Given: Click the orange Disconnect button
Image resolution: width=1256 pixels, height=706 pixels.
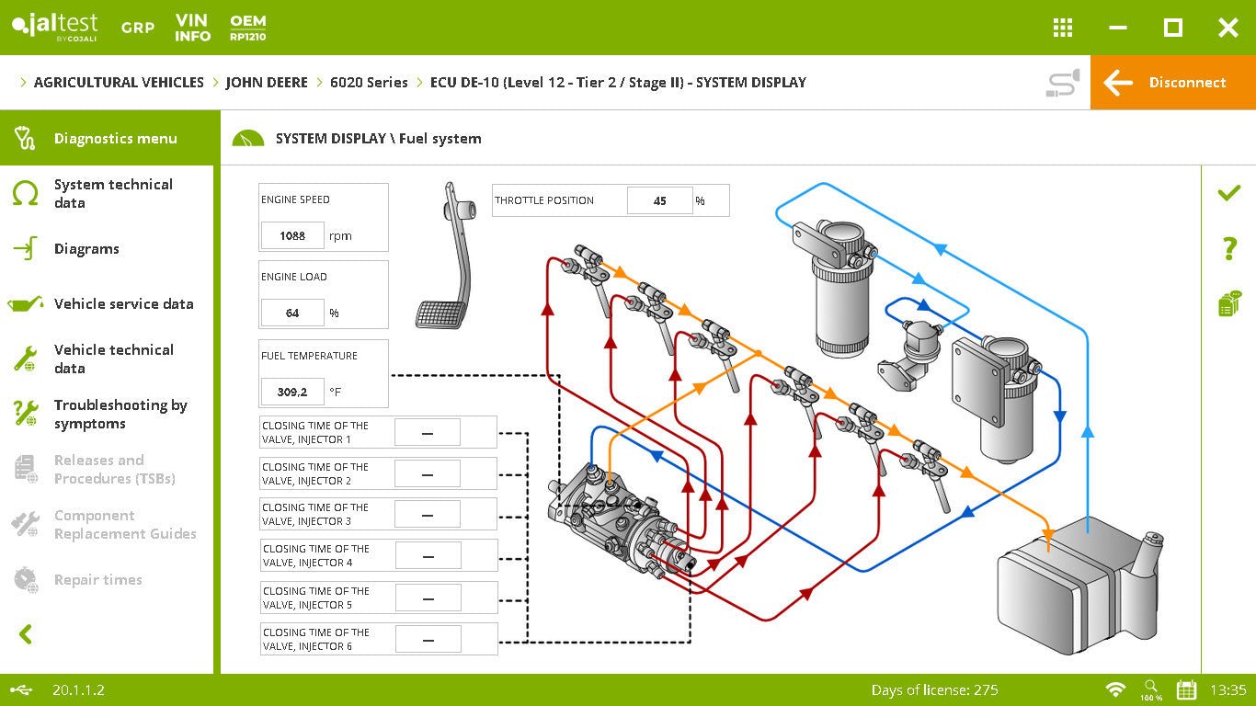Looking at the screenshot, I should click(1172, 83).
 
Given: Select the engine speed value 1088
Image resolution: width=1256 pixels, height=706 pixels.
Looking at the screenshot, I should click(292, 236).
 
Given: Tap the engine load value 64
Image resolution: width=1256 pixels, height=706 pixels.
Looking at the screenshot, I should click(292, 313).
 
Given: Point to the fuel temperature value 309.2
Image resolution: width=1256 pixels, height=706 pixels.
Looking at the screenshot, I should click(292, 393).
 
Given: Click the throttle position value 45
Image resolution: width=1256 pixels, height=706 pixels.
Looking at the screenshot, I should click(659, 200).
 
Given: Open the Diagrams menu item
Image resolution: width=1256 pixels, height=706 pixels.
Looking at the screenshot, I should click(86, 249).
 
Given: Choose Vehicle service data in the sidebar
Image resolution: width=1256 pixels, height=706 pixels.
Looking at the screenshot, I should click(123, 304).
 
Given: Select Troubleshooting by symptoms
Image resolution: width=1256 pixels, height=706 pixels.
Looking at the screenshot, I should click(120, 415).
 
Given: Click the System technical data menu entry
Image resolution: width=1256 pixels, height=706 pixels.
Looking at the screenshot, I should click(113, 194).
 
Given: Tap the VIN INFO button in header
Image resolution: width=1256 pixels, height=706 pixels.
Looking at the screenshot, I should click(192, 28).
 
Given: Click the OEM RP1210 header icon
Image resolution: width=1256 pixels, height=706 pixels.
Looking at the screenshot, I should click(248, 28).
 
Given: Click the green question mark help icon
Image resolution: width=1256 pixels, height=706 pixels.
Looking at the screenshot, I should click(1229, 248).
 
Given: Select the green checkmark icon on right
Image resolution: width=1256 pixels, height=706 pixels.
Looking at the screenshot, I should click(1228, 193).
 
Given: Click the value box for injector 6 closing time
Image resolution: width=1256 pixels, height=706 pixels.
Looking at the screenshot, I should click(428, 640).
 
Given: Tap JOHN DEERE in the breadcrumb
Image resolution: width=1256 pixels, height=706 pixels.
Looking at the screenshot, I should click(267, 83).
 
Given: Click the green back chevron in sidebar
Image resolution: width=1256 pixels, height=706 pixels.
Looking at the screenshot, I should click(26, 634).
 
